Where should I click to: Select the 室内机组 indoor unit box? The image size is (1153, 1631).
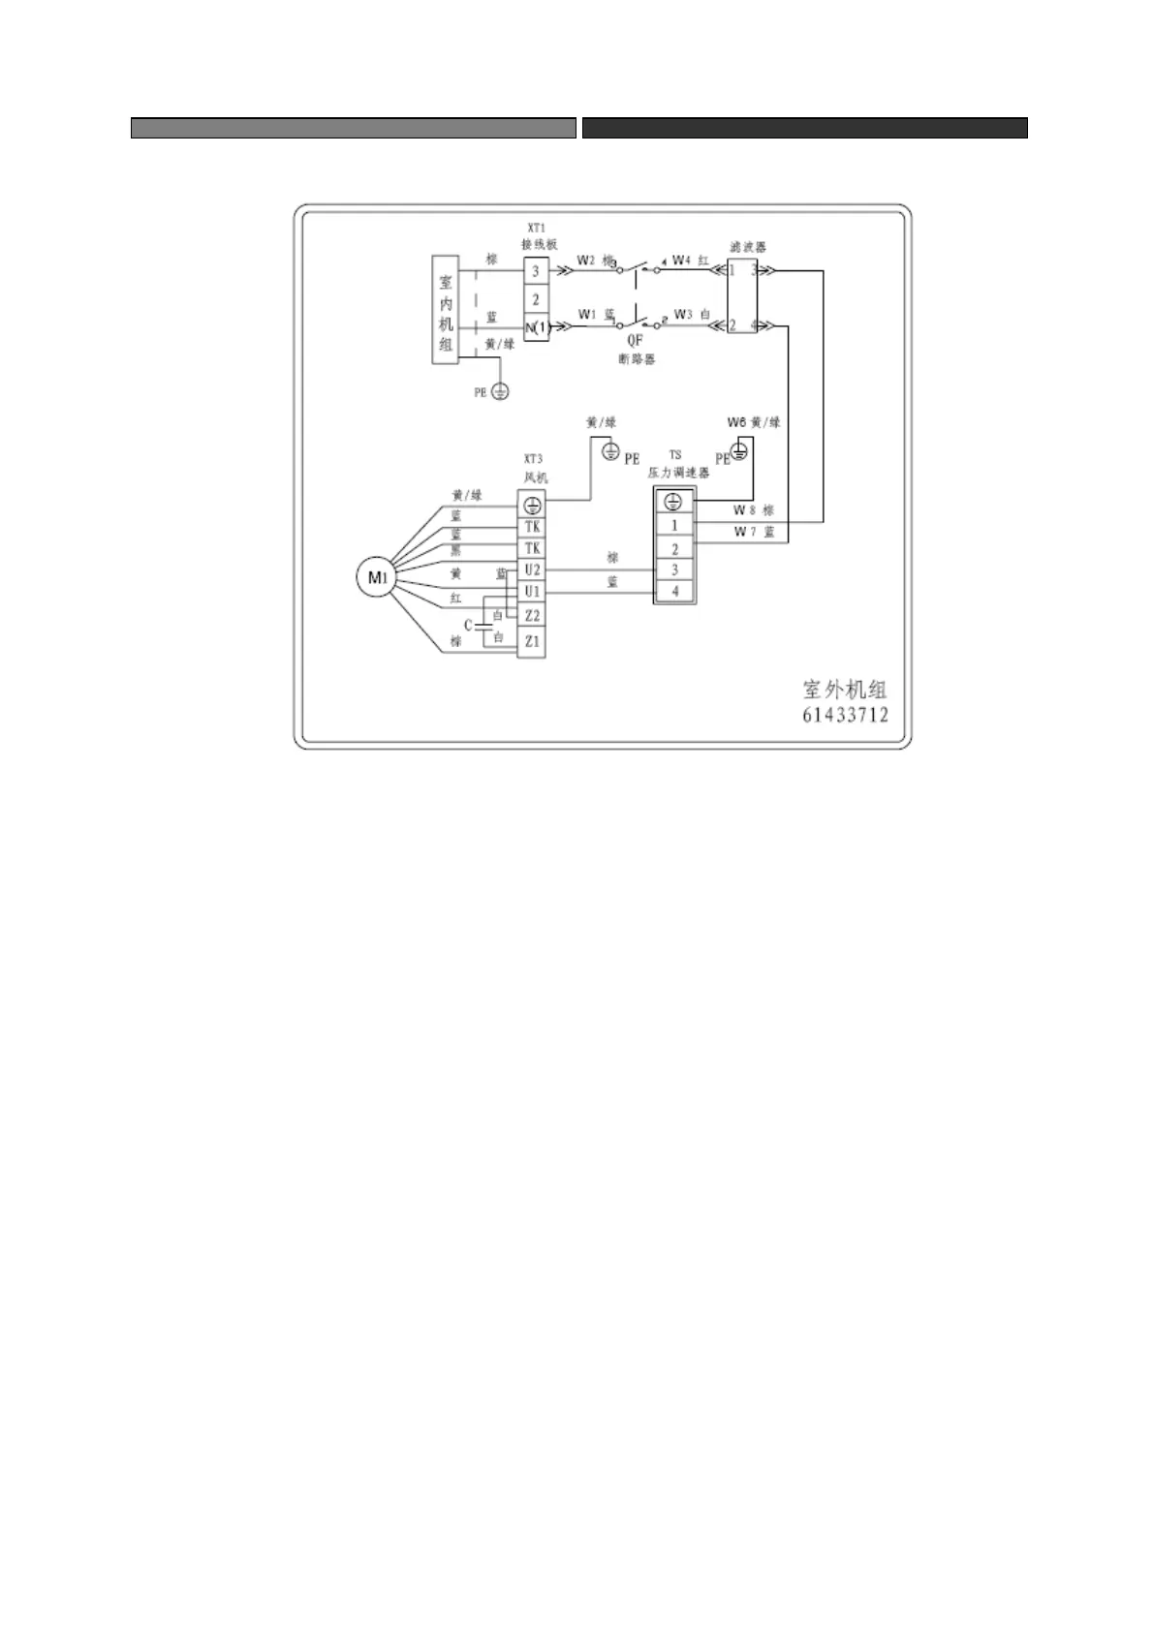tap(446, 310)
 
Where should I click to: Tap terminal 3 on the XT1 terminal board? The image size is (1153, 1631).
tap(536, 272)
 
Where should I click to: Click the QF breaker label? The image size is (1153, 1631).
tap(635, 341)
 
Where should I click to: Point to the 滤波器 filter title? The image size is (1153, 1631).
tap(747, 247)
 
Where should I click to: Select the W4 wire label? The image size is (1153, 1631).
tap(681, 260)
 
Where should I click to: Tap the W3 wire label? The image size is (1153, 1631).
tap(683, 314)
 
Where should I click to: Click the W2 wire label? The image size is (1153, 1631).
tap(586, 260)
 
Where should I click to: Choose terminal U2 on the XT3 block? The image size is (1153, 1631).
tap(531, 570)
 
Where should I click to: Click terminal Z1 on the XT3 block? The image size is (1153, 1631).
tap(531, 641)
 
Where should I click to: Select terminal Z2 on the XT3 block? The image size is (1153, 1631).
tap(531, 616)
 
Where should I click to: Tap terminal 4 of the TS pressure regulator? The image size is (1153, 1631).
tap(675, 591)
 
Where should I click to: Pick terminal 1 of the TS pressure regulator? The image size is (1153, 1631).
tap(675, 525)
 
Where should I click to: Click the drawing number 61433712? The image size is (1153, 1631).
tap(845, 716)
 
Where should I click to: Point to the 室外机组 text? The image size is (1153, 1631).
tap(845, 690)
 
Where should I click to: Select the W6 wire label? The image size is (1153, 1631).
tap(736, 422)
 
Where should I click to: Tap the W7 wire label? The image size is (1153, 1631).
tap(743, 532)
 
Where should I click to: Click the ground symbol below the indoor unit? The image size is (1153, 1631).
tap(500, 391)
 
